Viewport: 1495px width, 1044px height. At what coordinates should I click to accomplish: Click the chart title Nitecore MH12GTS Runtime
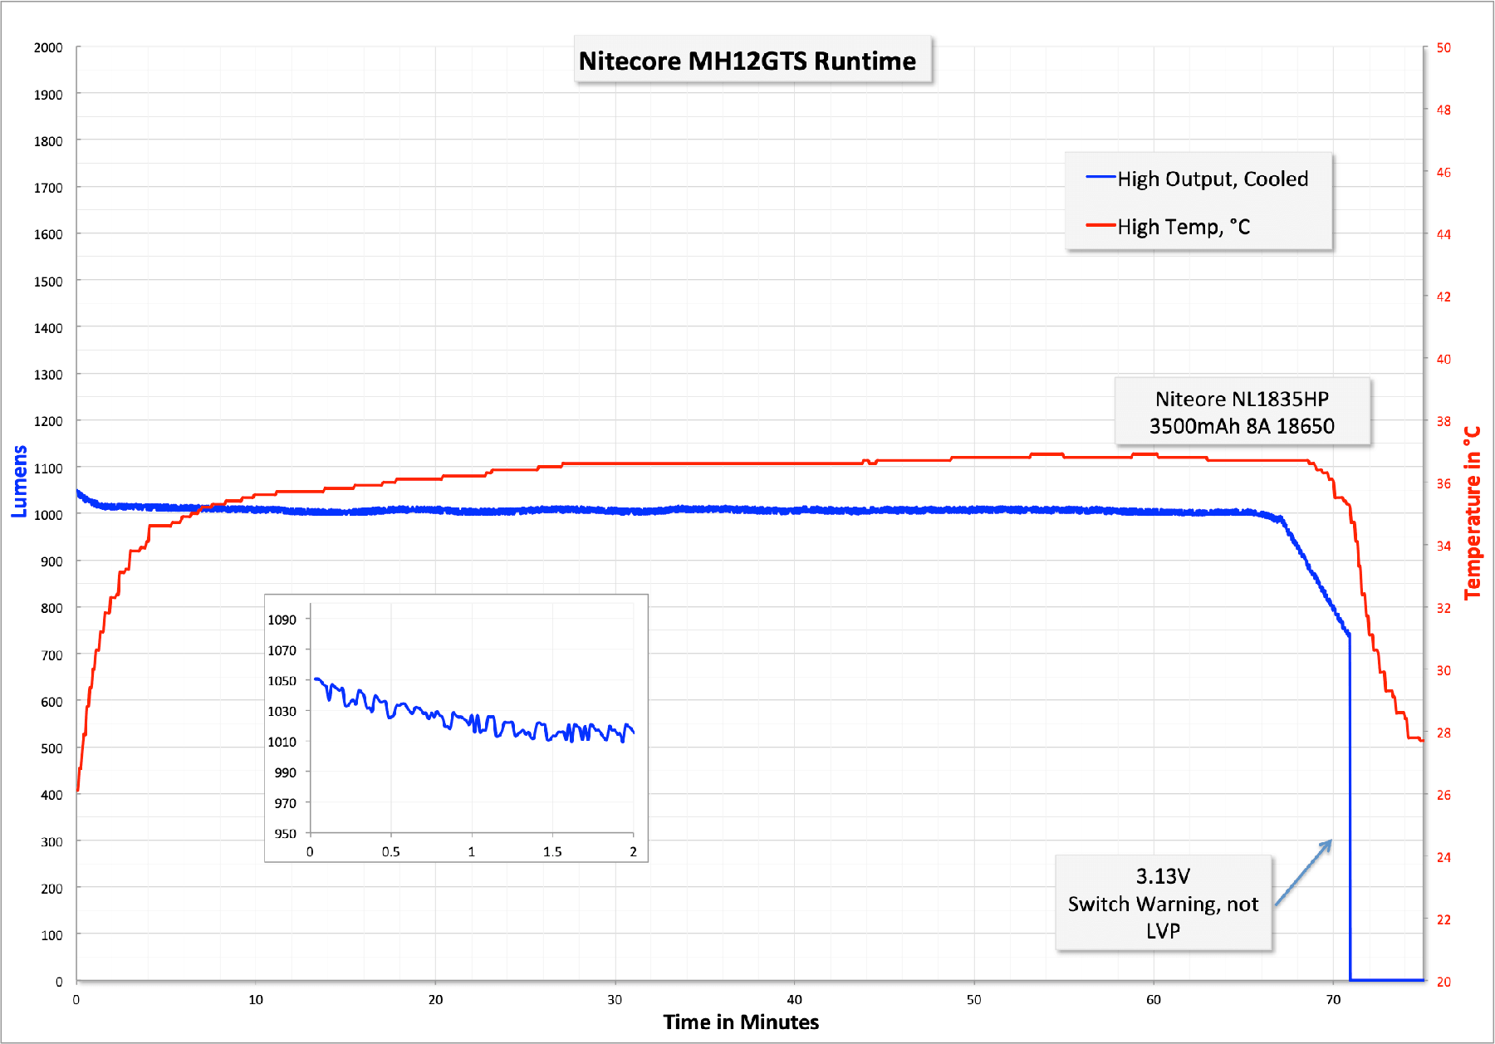(x=747, y=61)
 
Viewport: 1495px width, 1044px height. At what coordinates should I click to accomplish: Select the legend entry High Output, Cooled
(x=1212, y=179)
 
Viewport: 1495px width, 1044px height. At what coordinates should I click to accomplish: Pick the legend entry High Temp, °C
(x=1183, y=227)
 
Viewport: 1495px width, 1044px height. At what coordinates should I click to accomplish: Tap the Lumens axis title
(x=19, y=481)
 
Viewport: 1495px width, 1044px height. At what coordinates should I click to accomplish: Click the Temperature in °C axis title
(x=1473, y=512)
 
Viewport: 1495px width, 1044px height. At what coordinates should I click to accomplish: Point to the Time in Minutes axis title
(x=741, y=1022)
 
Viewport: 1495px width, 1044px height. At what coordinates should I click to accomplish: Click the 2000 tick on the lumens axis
(x=48, y=47)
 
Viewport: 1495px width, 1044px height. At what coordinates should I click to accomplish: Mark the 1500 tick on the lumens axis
(x=48, y=282)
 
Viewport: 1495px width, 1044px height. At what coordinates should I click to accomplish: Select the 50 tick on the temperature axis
(x=1444, y=47)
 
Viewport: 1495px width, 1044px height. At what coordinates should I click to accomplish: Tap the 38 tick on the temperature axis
(x=1444, y=421)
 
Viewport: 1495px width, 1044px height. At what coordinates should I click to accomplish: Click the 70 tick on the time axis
(x=1333, y=999)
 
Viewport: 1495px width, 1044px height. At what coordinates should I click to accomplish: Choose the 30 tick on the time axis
(x=615, y=999)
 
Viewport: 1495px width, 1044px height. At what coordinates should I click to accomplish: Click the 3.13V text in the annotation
(x=1163, y=876)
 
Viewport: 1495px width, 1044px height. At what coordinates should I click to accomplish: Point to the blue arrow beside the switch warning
(x=1304, y=872)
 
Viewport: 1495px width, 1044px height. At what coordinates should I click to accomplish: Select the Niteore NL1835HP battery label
(x=1242, y=399)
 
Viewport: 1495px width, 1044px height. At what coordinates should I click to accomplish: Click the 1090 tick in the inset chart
(x=282, y=620)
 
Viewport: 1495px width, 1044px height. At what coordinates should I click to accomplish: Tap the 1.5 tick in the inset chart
(x=552, y=851)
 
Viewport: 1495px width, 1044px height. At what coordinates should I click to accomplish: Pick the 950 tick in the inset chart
(x=285, y=833)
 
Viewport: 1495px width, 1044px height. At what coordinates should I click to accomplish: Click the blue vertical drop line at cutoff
(x=1350, y=806)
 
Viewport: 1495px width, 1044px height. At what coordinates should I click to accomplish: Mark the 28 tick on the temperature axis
(x=1444, y=733)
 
